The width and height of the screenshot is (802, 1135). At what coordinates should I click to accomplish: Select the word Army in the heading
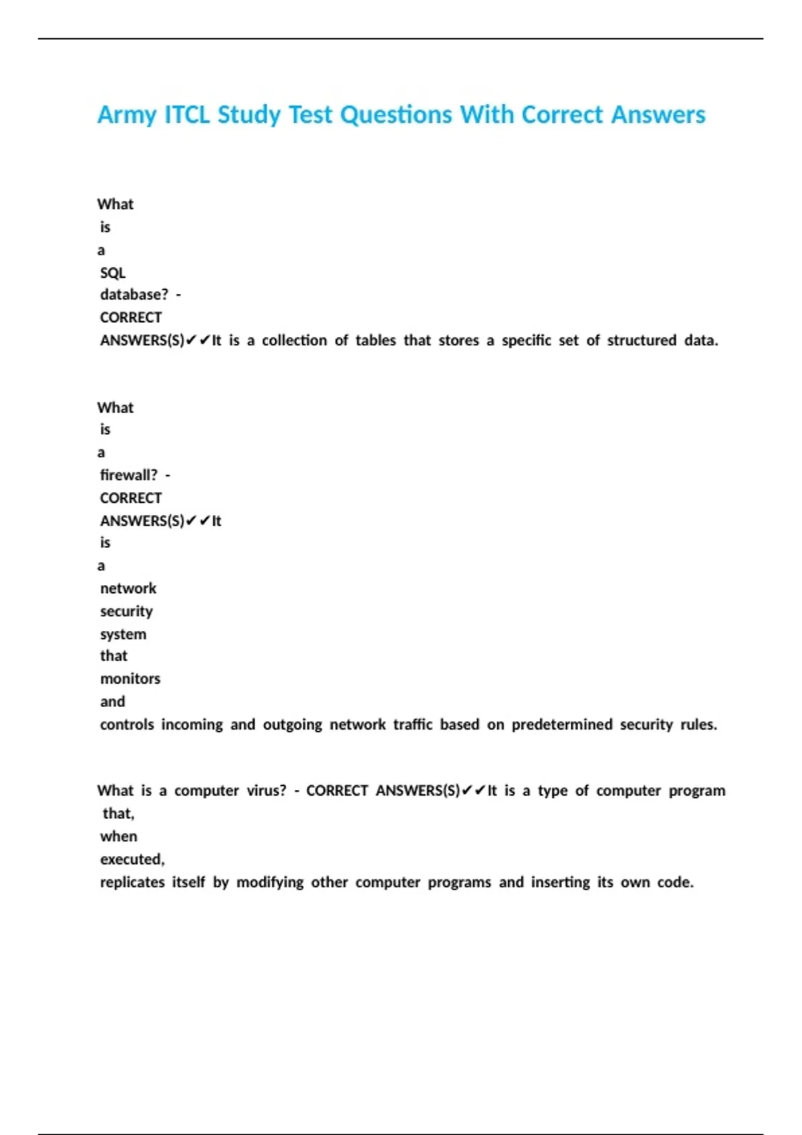[127, 115]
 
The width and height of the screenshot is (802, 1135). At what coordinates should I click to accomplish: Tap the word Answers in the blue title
[658, 115]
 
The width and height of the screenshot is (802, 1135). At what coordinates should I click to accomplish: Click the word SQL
[112, 272]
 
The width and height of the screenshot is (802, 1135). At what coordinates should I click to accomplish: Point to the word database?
[134, 294]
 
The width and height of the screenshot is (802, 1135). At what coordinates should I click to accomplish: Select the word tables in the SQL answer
[376, 340]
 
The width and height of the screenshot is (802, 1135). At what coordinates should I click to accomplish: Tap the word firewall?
[129, 475]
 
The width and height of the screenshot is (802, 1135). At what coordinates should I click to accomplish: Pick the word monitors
[130, 679]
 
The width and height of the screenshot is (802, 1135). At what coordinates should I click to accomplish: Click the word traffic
[412, 724]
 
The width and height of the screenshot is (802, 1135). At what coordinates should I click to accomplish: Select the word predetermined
[561, 724]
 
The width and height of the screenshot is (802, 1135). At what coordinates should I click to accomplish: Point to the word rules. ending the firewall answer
[698, 724]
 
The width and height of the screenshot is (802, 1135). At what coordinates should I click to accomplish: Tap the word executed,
[132, 859]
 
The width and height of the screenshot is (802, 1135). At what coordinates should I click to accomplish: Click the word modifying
[270, 882]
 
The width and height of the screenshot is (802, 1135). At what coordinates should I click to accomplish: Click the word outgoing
[292, 724]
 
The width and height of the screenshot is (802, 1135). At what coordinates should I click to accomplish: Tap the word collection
[294, 340]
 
